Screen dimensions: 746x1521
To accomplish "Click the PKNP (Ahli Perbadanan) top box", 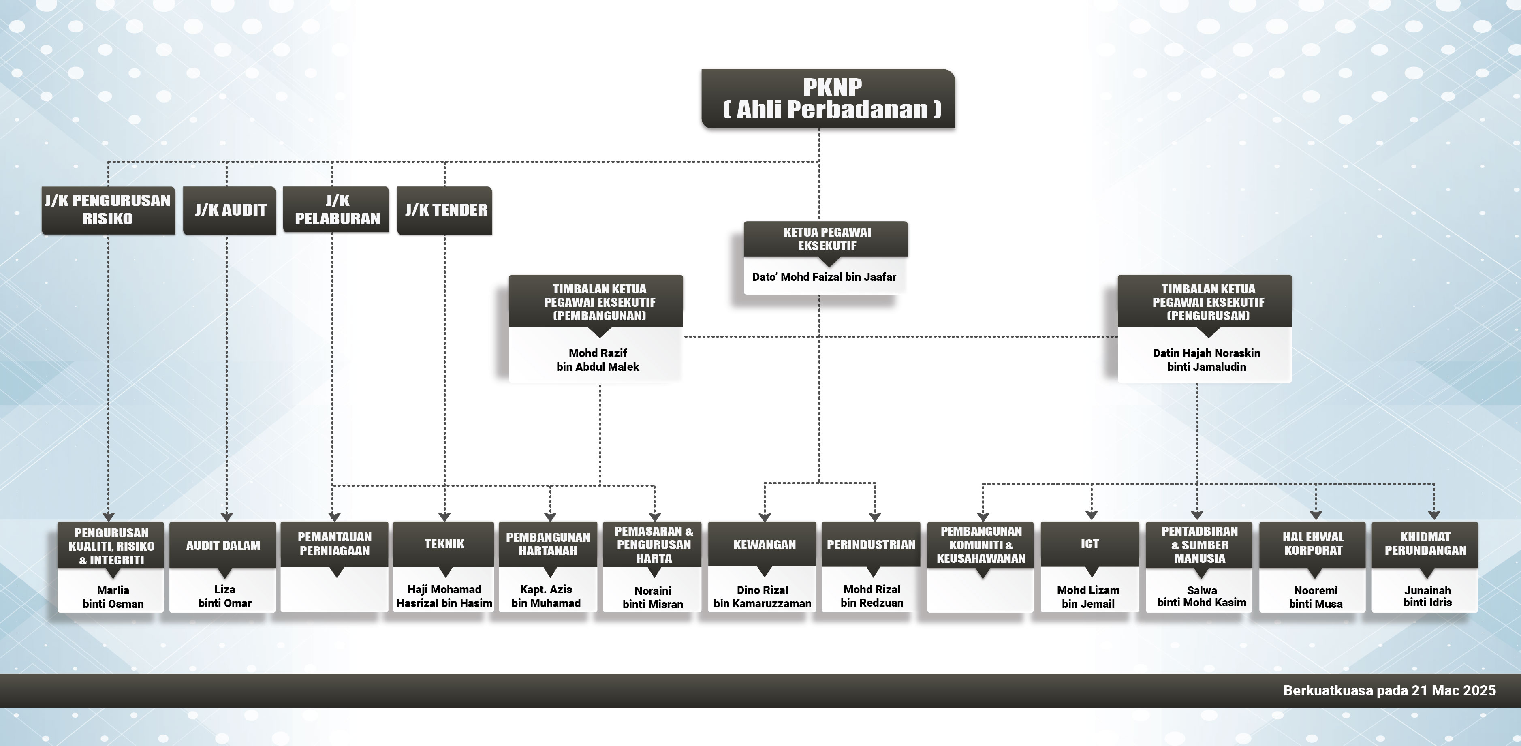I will pyautogui.click(x=828, y=98).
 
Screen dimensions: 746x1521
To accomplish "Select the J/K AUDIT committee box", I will pyautogui.click(x=230, y=210).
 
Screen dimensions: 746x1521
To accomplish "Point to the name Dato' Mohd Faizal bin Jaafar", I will pyautogui.click(x=824, y=277).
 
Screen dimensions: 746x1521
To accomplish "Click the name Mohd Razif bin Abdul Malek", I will pyautogui.click(x=598, y=360).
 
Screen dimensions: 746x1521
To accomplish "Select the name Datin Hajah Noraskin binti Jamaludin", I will pyautogui.click(x=1206, y=360).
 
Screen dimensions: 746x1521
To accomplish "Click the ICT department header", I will pyautogui.click(x=1089, y=544).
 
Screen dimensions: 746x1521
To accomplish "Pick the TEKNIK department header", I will pyautogui.click(x=444, y=544).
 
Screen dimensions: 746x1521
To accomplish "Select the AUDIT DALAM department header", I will pyautogui.click(x=223, y=545).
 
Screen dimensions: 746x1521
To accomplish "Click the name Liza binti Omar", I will pyautogui.click(x=224, y=596).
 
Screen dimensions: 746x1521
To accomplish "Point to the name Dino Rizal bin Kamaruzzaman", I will pyautogui.click(x=762, y=596).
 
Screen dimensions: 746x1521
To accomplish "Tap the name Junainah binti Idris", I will pyautogui.click(x=1427, y=596).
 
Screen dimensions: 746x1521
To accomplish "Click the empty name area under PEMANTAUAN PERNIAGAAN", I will pyautogui.click(x=335, y=595).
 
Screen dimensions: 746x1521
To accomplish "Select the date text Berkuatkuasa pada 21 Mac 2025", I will pyautogui.click(x=1389, y=690).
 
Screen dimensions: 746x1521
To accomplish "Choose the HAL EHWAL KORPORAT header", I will pyautogui.click(x=1313, y=544).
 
